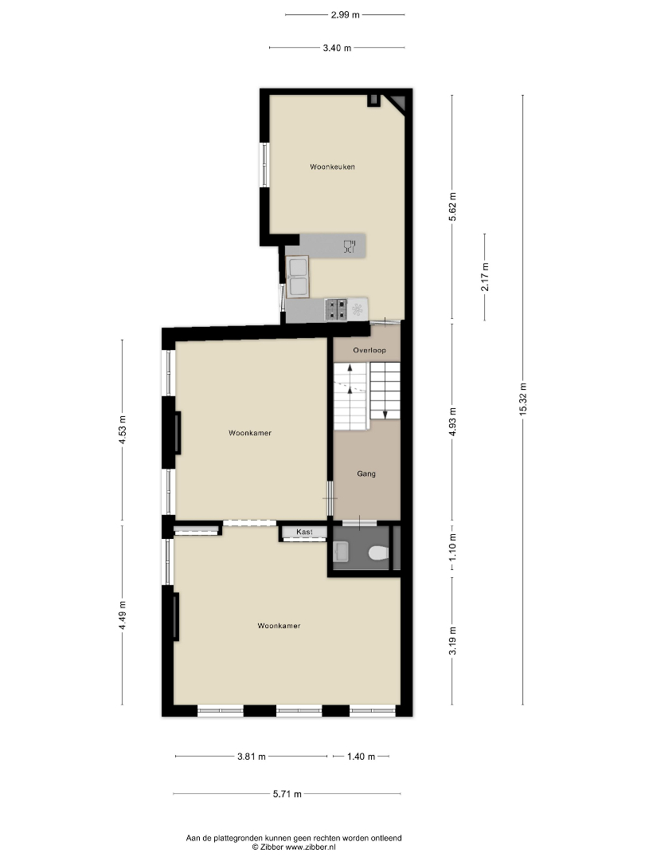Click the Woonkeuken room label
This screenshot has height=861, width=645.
click(x=332, y=167)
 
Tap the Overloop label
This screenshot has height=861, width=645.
click(x=369, y=350)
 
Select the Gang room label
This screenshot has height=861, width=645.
click(x=365, y=474)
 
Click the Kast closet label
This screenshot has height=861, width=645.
click(x=304, y=532)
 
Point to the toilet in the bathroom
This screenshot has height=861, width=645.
click(x=378, y=552)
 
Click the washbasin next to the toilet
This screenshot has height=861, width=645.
click(x=341, y=552)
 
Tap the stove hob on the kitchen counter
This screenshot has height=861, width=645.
click(x=336, y=309)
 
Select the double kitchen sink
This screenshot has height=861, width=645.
click(x=297, y=277)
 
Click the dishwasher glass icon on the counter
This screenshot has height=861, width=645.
click(x=350, y=246)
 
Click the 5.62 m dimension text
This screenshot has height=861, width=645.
click(x=452, y=207)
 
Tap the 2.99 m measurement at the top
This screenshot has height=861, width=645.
click(x=345, y=15)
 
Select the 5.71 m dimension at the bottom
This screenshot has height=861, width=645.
click(x=287, y=794)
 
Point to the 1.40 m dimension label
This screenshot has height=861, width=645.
click(x=361, y=757)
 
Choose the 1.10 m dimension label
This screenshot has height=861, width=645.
click(x=452, y=548)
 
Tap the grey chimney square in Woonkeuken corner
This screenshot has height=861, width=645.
click(x=373, y=100)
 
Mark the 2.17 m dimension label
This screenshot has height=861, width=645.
click(x=485, y=277)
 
